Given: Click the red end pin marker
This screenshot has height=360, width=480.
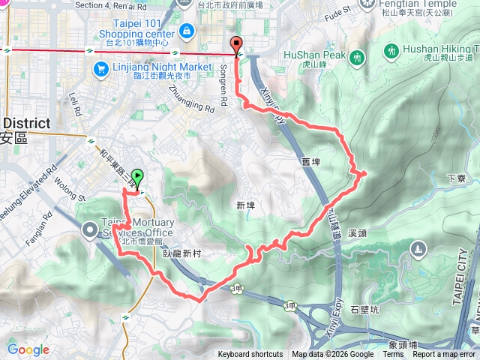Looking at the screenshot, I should pyautogui.click(x=238, y=44).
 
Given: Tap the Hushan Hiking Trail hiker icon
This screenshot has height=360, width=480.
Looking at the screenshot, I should pyautogui.click(x=391, y=50).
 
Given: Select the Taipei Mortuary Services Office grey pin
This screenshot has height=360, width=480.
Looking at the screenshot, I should pyautogui.click(x=89, y=229).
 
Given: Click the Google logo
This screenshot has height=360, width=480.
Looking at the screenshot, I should pyautogui.click(x=28, y=349).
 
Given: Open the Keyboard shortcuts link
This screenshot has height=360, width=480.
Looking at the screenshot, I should pyautogui.click(x=250, y=355).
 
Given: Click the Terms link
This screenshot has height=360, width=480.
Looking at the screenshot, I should pyautogui.click(x=392, y=355).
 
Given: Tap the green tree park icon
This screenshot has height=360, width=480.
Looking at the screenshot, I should pyautogui.click(x=418, y=247).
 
